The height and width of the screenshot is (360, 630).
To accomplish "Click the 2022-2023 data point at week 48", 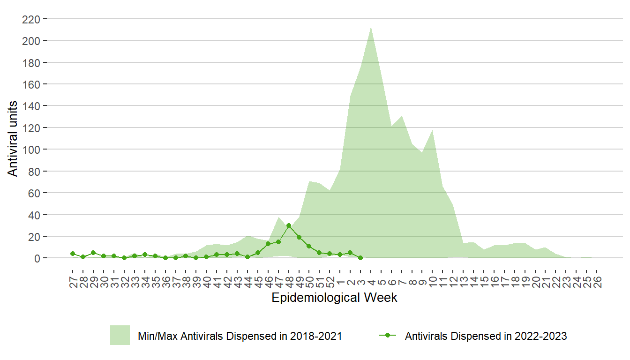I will point(289,225).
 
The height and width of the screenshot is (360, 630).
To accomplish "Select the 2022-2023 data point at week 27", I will point(73,254).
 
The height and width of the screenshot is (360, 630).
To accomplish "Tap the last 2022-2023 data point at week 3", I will point(360,258).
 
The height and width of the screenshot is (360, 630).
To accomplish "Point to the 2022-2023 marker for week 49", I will point(299,237).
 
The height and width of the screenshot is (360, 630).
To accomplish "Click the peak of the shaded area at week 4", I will point(371,27).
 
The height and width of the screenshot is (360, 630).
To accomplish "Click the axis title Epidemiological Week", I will point(334,298).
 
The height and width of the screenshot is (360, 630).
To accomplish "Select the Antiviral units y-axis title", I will point(13,139).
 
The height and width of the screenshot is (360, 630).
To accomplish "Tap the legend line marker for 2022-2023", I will point(388,336).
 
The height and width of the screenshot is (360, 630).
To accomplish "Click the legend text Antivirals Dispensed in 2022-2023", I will point(486,336).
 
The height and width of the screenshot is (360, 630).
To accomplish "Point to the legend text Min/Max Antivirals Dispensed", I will point(240,336).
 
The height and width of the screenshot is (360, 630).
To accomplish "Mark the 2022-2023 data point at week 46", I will point(268,244).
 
